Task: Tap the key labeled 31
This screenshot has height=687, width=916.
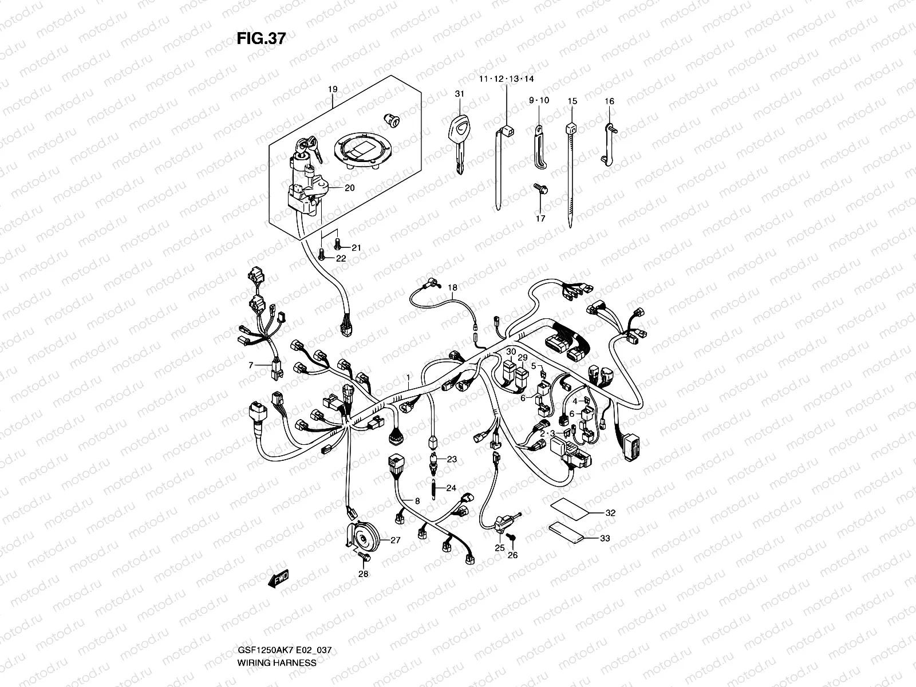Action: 457,140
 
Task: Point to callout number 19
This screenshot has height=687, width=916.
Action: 333,89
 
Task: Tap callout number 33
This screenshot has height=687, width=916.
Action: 605,538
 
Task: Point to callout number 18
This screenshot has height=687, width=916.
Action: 453,287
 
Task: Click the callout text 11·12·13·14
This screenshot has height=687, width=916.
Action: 507,78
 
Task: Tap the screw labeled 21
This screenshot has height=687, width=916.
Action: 337,244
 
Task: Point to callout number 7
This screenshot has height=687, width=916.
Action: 250,365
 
